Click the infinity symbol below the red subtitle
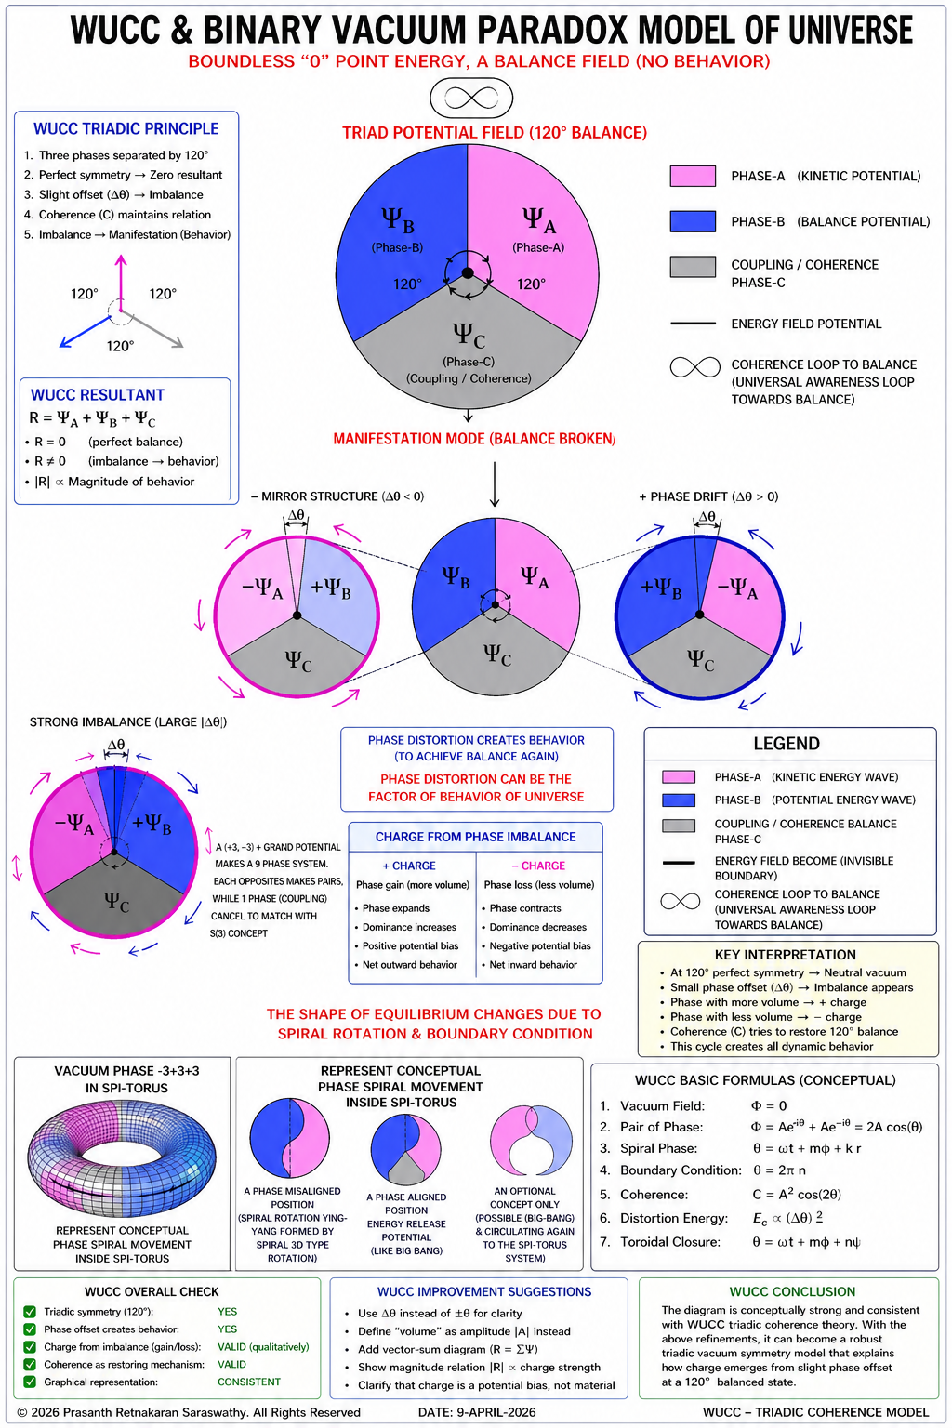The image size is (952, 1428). tap(471, 99)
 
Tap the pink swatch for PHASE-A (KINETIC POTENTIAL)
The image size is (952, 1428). tap(693, 176)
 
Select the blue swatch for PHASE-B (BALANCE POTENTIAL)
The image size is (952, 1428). tap(693, 221)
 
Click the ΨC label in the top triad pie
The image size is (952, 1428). tap(469, 334)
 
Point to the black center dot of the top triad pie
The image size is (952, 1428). tap(468, 272)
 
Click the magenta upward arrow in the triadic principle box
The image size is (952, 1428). tap(121, 283)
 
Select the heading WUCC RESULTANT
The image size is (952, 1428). tap(98, 395)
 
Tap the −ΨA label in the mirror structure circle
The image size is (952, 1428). tap(262, 588)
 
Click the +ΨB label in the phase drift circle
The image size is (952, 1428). tap(661, 588)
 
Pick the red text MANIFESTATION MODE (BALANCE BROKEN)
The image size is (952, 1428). tap(474, 439)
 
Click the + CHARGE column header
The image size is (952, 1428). tap(409, 866)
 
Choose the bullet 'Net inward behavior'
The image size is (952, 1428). tap(533, 964)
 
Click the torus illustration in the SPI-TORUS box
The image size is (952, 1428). tap(122, 1157)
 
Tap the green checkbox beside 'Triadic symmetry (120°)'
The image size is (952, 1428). tap(30, 1312)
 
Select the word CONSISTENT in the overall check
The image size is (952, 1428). tap(248, 1382)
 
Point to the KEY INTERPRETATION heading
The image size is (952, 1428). tap(785, 955)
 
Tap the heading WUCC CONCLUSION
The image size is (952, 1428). tap(792, 1291)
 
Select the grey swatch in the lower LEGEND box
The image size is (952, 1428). tap(679, 826)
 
